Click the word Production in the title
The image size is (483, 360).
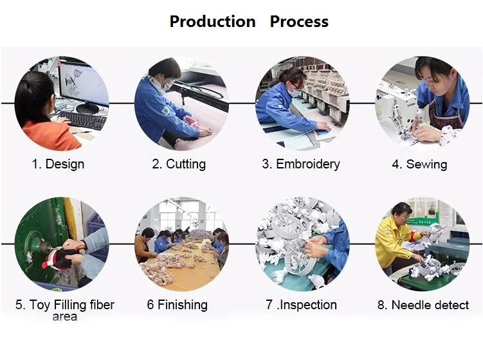coord(212,22)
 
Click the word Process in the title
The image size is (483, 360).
coord(299,22)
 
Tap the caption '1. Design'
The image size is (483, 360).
coord(58,164)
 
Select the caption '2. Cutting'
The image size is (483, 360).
coord(179,164)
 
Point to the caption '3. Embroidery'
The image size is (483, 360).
coord(301,164)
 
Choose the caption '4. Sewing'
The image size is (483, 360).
coord(419,164)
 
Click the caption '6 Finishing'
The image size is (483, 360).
coord(177,305)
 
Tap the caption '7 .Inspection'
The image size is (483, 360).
coord(301,305)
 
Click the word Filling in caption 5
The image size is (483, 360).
coord(70,305)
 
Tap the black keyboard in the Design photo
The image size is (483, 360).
coord(82,120)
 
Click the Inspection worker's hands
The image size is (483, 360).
coord(315,246)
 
